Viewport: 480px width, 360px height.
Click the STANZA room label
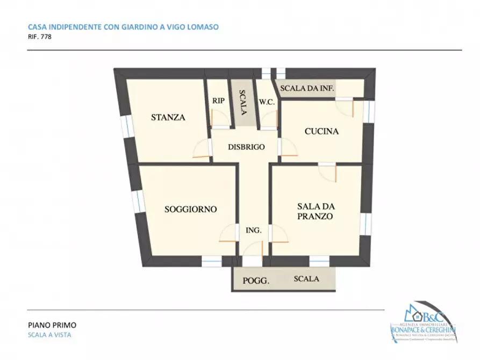[168, 117]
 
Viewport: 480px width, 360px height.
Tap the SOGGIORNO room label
[190, 209]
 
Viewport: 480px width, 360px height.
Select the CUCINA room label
[321, 131]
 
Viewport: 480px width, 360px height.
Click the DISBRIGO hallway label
[246, 147]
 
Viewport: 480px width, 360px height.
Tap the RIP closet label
[218, 100]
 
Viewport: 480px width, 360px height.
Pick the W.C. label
[268, 102]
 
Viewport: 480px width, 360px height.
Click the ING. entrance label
[253, 230]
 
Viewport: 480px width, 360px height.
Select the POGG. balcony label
[256, 280]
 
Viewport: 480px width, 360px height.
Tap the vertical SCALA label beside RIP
[242, 102]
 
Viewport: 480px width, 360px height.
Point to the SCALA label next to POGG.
[306, 279]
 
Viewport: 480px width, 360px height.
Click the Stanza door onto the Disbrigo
[203, 148]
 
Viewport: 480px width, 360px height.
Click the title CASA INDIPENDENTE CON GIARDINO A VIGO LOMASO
[123, 26]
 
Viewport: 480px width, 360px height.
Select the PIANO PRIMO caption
[52, 325]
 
